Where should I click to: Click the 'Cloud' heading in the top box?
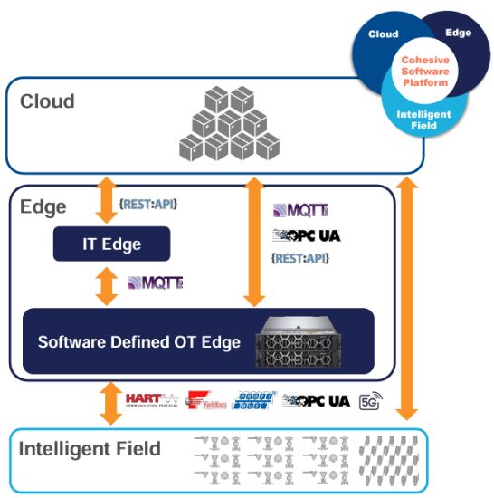[47, 101]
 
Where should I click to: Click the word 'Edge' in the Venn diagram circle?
[458, 32]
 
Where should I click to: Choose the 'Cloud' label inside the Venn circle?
[383, 34]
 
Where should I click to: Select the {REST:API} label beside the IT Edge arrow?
[148, 205]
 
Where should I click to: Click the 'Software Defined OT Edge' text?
[138, 342]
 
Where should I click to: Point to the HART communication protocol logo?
[150, 399]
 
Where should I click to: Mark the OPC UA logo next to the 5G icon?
[316, 399]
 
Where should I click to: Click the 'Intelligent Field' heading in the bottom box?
[90, 449]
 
